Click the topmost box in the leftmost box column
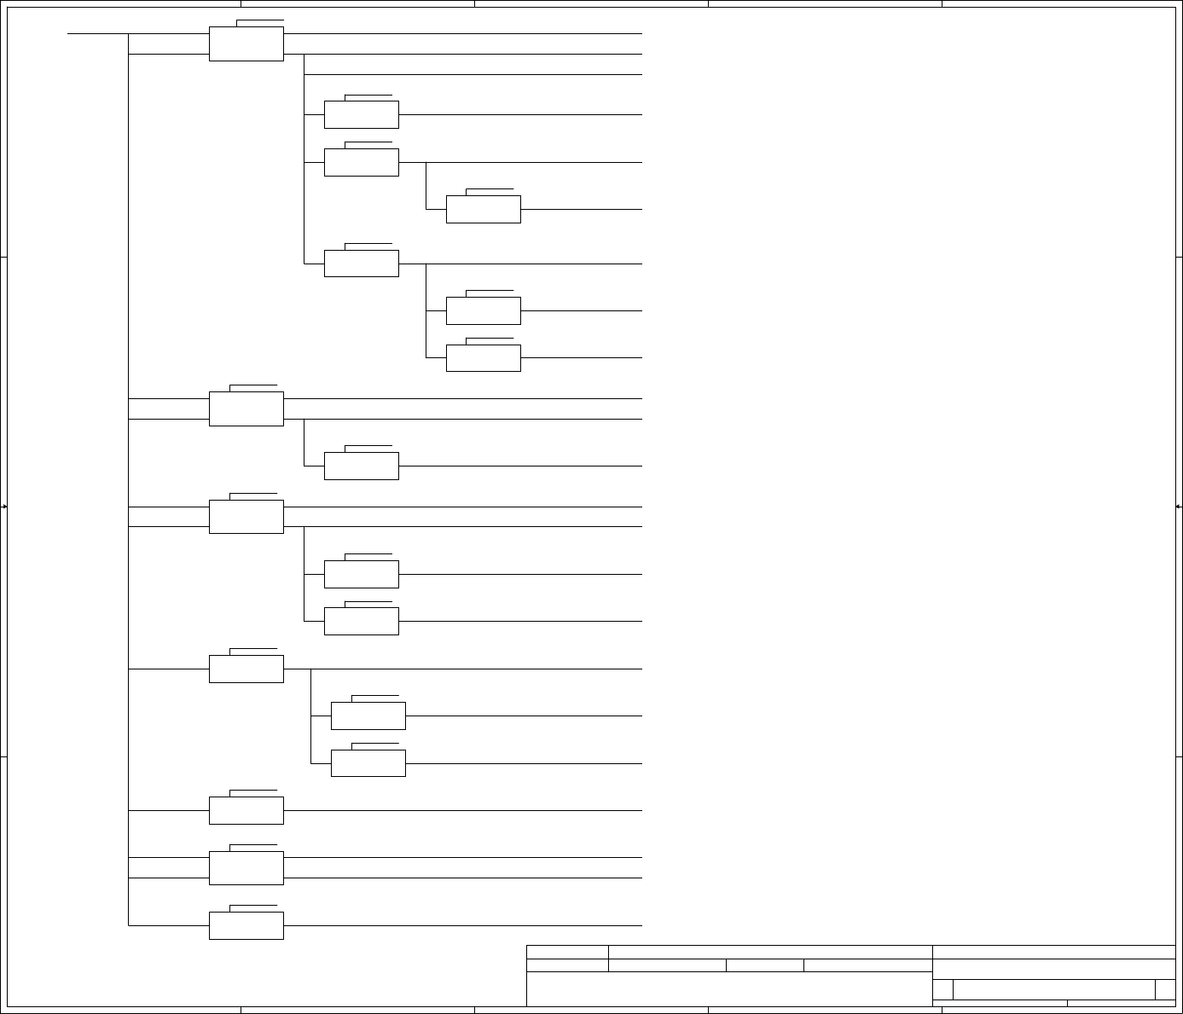click(246, 43)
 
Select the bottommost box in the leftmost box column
click(246, 925)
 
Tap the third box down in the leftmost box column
click(246, 517)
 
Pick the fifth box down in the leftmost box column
click(246, 810)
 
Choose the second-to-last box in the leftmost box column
click(246, 867)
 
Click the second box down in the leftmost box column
click(246, 408)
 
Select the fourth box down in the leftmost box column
click(246, 669)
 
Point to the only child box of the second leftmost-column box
click(361, 466)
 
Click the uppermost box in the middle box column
click(361, 114)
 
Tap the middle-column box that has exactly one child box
click(361, 162)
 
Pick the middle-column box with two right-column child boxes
click(361, 264)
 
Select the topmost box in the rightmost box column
click(483, 209)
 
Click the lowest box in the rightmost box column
click(483, 358)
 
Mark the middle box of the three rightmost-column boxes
click(483, 310)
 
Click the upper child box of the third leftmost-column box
click(361, 574)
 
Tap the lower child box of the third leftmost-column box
click(361, 621)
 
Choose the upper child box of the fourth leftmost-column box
click(368, 716)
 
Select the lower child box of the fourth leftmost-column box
click(368, 763)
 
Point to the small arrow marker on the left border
click(4, 507)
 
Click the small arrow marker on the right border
click(1178, 507)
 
